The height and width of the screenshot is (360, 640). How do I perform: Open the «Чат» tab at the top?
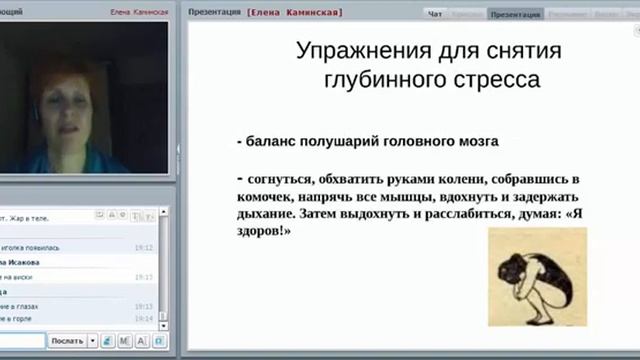435,15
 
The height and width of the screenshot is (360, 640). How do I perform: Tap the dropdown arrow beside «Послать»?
93,341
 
